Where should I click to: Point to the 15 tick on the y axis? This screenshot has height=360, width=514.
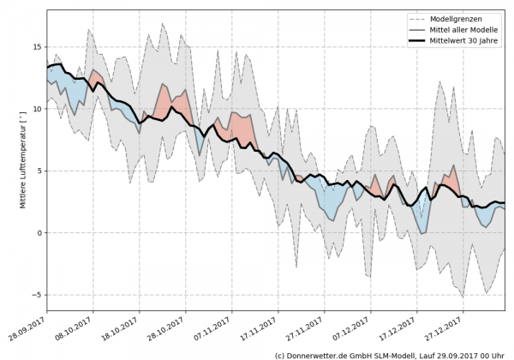click(x=36, y=47)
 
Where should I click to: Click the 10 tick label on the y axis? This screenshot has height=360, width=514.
click(x=36, y=109)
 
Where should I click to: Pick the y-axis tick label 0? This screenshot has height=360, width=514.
click(x=39, y=233)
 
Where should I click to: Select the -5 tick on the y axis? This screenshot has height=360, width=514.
click(x=36, y=295)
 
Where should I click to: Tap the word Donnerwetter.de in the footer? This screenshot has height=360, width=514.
click(x=318, y=353)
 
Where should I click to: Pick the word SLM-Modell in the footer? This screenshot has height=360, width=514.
click(x=391, y=353)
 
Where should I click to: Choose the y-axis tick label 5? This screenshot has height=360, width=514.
click(x=39, y=171)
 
